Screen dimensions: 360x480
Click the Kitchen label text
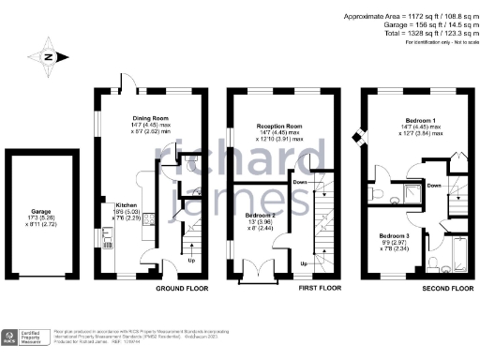[127, 204]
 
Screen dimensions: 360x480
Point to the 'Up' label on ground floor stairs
[193, 260]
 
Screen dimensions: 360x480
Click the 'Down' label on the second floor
[434, 186]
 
